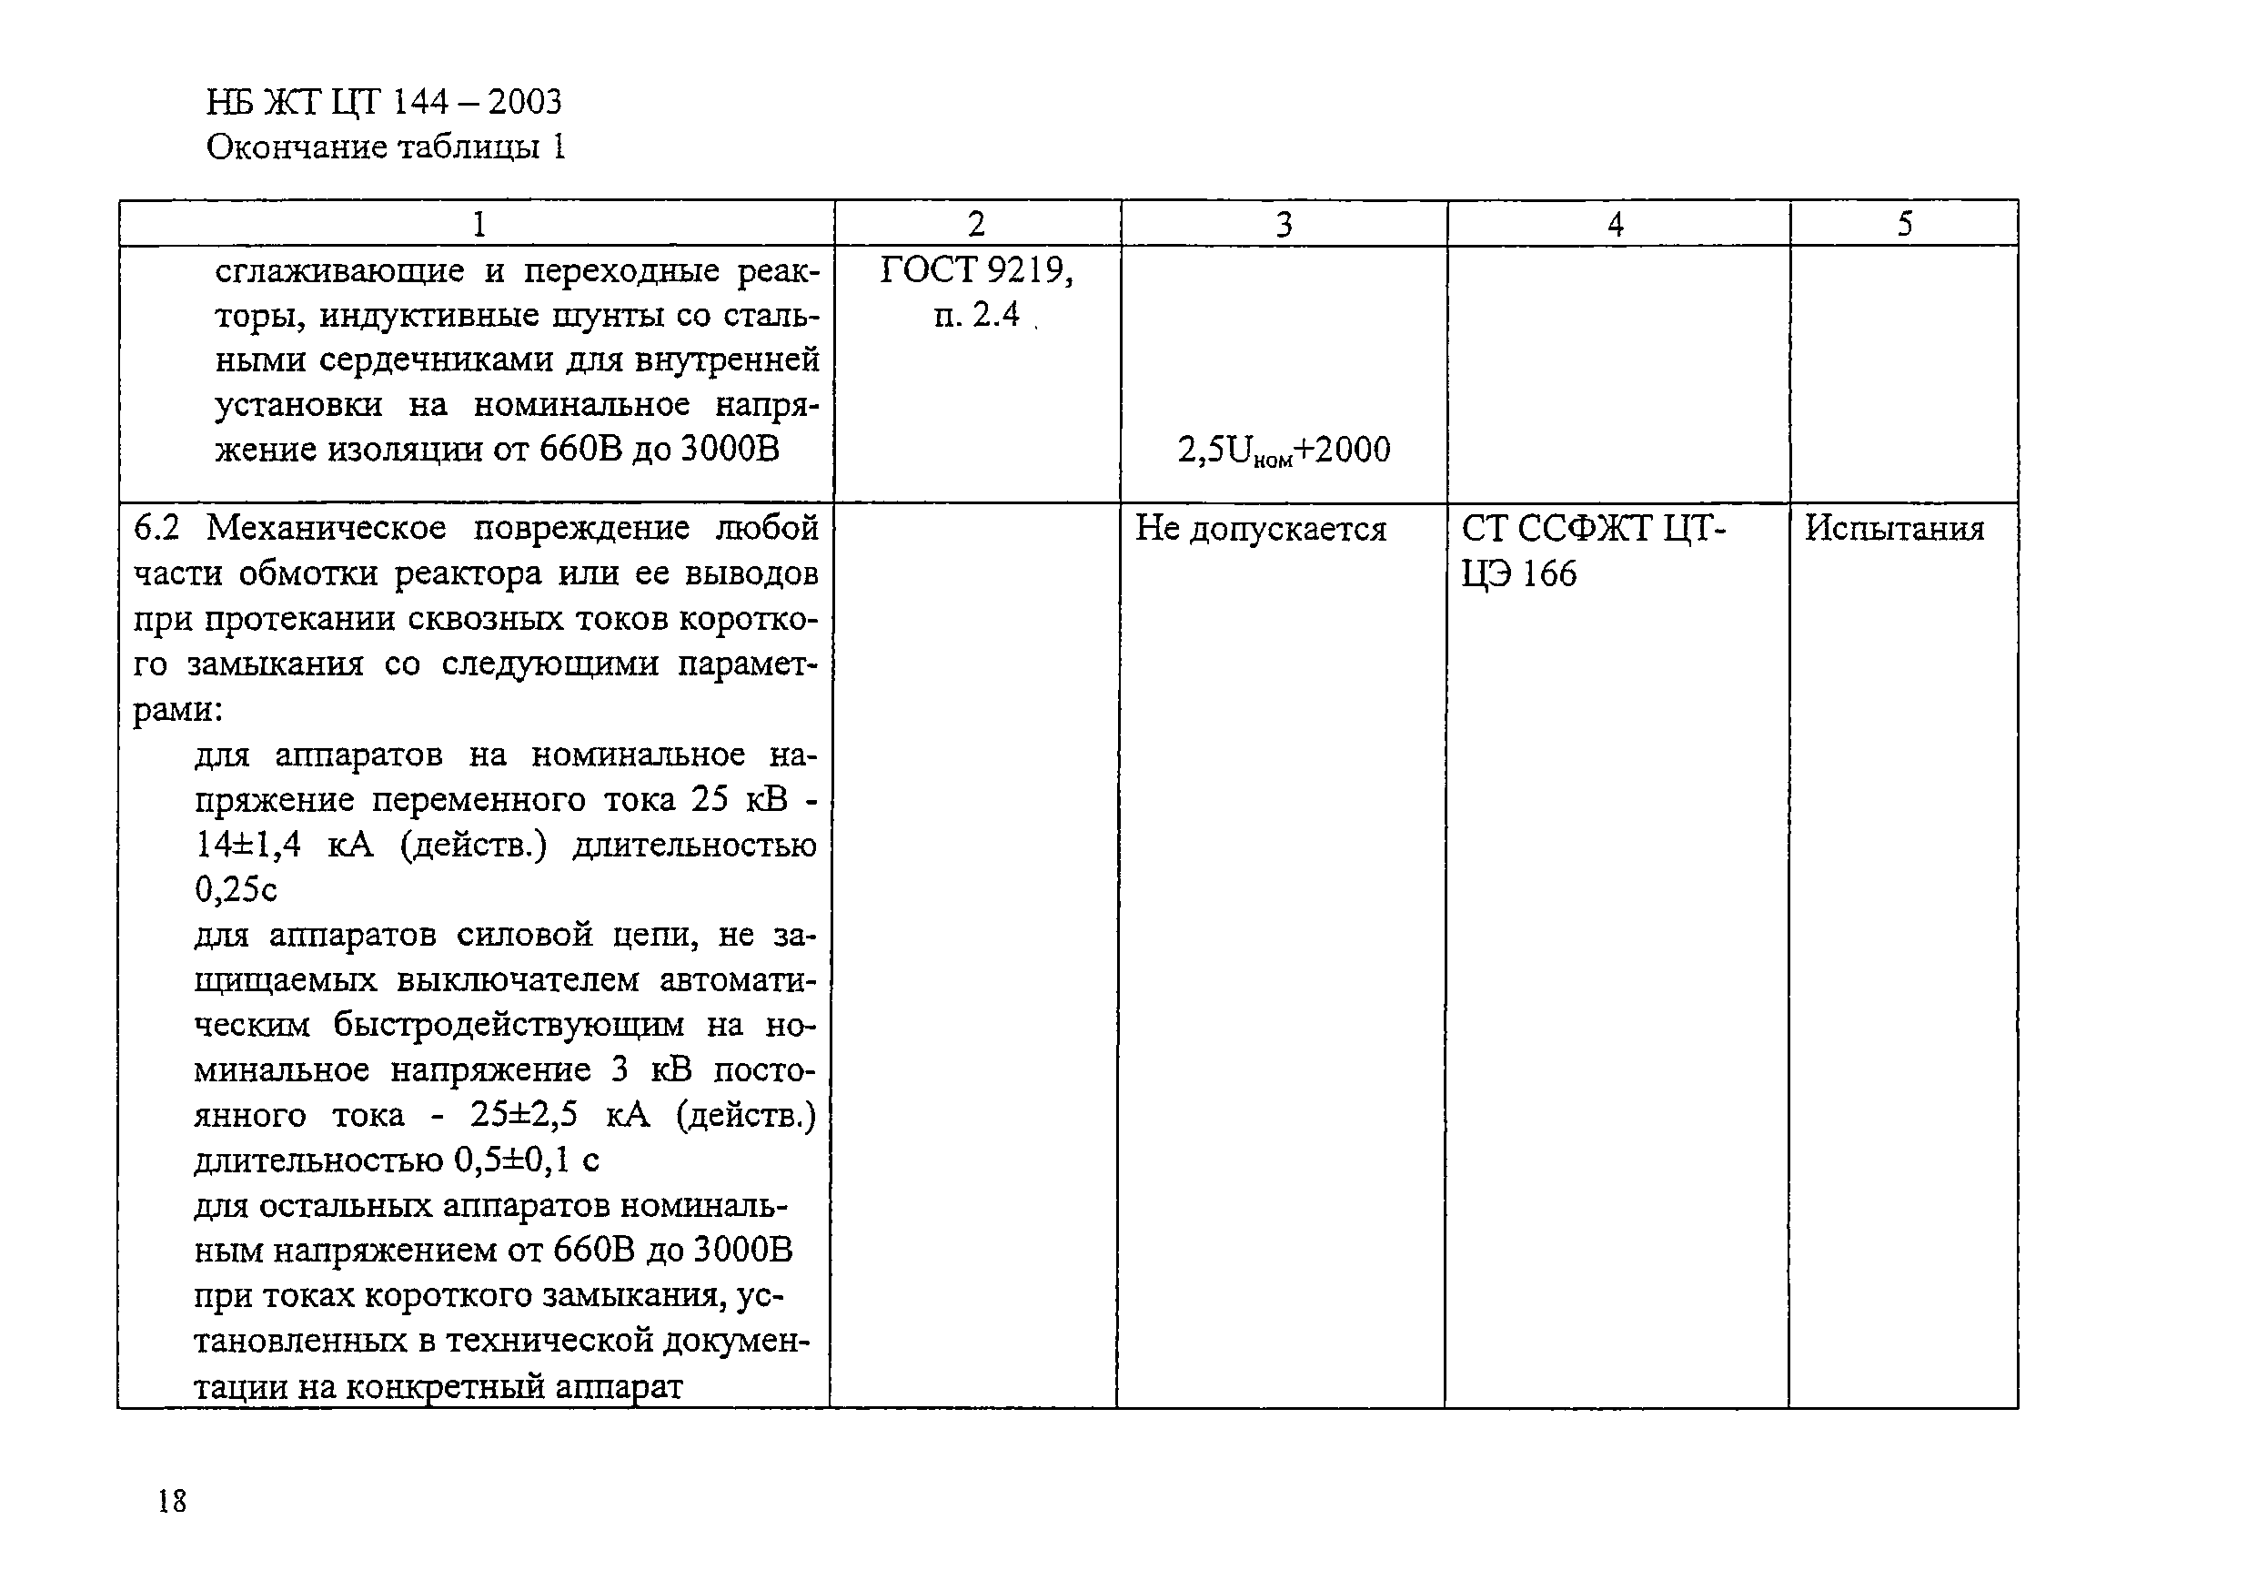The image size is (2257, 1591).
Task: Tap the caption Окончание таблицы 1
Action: [386, 147]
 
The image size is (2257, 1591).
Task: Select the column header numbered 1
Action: [479, 225]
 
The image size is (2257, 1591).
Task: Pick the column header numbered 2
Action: [976, 225]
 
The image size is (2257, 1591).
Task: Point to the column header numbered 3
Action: [1283, 225]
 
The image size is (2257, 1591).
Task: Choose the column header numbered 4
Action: [1615, 225]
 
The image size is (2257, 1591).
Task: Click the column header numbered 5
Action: [1904, 225]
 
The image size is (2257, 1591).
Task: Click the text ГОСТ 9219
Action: [975, 270]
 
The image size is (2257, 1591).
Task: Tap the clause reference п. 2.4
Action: [976, 315]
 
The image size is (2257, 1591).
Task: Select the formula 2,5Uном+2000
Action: [1283, 451]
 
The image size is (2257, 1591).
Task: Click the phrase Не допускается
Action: [1260, 530]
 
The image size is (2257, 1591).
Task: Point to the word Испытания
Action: [1894, 529]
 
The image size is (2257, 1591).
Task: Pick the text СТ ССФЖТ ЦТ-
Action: [1593, 529]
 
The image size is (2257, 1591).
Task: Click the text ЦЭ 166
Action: [1518, 574]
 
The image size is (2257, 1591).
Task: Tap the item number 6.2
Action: [156, 529]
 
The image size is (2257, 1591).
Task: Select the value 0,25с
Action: [236, 890]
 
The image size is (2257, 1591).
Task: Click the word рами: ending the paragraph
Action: [178, 710]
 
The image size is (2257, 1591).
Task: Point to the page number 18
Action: [171, 1501]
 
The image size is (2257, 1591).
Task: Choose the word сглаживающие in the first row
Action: [339, 271]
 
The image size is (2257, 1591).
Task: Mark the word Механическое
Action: [327, 529]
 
